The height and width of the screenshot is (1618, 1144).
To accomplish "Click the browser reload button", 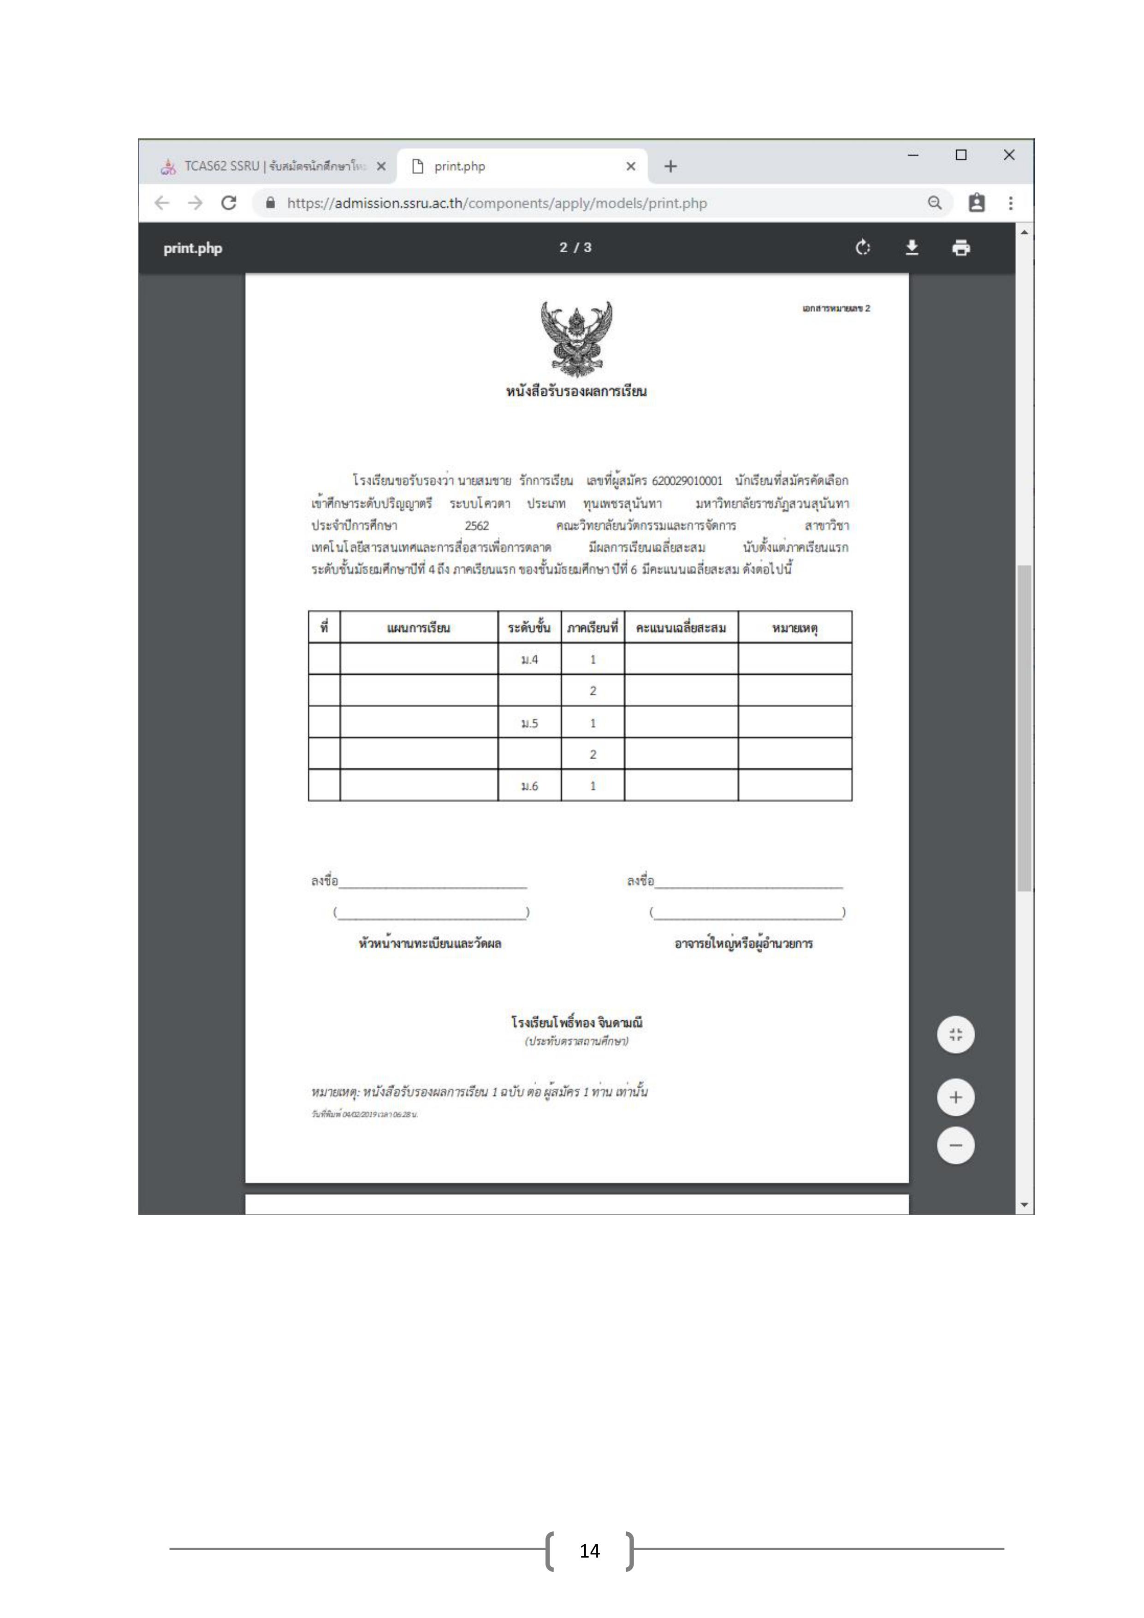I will (x=228, y=203).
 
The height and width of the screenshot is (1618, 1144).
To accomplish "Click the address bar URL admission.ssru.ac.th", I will (x=497, y=203).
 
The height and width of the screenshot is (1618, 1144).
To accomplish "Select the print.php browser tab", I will (x=522, y=167).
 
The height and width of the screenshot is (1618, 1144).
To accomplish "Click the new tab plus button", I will (x=670, y=167).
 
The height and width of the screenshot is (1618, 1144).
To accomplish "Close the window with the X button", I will (x=1009, y=155).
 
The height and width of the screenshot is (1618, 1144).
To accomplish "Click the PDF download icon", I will (x=912, y=248).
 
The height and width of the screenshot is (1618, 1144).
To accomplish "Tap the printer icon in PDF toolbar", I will (x=961, y=248).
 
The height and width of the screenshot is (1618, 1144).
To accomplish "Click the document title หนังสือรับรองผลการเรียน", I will (x=576, y=391).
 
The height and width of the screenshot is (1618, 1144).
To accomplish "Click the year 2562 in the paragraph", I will (x=477, y=526).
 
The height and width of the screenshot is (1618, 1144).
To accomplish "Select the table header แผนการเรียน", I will (x=418, y=628).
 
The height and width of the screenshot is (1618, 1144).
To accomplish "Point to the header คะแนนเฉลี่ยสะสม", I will (x=681, y=628).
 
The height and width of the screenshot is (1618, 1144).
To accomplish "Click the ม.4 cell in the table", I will (x=529, y=660).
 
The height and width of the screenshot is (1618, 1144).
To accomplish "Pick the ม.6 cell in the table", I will (x=529, y=786).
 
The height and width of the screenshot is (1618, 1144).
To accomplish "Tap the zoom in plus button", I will (x=955, y=1097).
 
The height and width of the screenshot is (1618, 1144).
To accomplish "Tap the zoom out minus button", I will (x=955, y=1145).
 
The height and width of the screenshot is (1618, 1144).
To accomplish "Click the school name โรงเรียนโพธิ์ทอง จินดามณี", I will (x=576, y=1023).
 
